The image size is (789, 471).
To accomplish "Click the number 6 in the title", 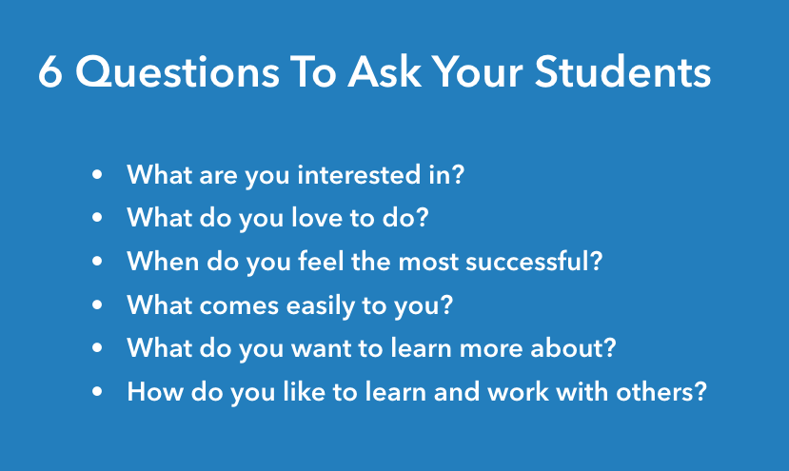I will point(50,74).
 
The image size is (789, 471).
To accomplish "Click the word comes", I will point(227,305).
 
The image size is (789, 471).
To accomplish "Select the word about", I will point(569,347).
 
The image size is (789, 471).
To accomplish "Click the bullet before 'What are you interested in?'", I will point(97,176).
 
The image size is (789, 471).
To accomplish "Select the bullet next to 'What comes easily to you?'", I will point(97,305).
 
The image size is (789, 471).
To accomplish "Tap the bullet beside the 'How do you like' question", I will point(97,391).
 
